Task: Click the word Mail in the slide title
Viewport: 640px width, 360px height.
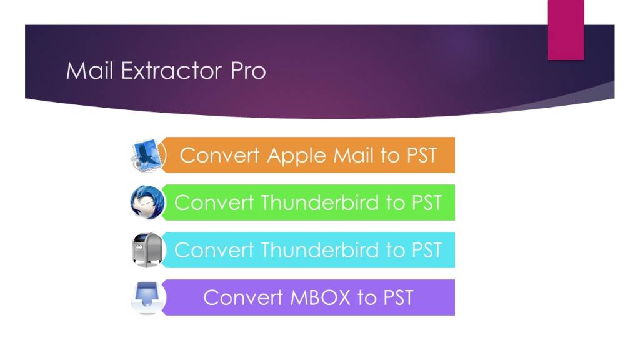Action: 90,71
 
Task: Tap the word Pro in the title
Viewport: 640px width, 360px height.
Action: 248,71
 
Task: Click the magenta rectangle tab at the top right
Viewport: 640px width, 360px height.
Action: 566,30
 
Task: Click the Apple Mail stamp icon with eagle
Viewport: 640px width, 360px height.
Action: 147,154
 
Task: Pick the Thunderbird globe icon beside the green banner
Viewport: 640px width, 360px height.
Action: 147,202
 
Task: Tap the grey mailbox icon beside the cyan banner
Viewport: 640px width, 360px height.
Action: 147,250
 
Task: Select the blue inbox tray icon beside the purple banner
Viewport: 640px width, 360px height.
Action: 147,297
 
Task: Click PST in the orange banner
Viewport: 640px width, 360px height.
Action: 419,154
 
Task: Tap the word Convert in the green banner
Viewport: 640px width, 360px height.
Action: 214,202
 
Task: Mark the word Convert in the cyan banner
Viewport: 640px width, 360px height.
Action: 214,250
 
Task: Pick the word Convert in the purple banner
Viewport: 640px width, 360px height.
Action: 243,297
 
